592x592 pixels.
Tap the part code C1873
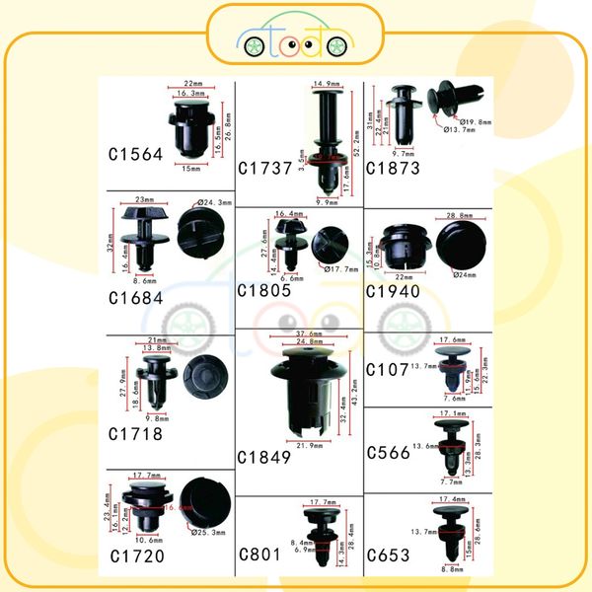[x=393, y=168]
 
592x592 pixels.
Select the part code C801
[x=259, y=555]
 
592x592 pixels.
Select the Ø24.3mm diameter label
[x=214, y=203]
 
